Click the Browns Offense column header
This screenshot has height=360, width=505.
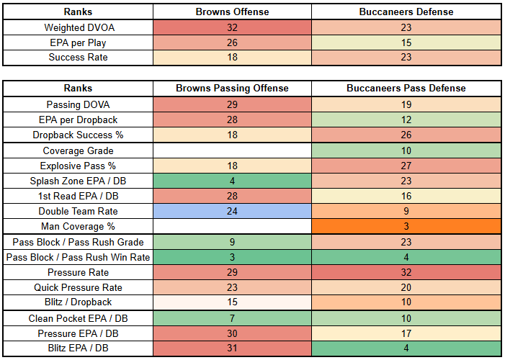tap(232, 12)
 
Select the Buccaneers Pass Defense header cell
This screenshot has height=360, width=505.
tap(406, 89)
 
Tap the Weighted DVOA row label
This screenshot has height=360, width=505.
tap(79, 27)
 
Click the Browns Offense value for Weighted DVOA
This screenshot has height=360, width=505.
tap(232, 27)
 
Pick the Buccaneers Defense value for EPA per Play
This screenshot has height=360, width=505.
tap(406, 42)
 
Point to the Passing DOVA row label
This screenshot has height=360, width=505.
tap(78, 104)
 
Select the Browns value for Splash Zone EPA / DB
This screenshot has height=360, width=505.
tap(232, 181)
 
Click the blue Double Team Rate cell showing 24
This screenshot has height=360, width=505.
tap(232, 211)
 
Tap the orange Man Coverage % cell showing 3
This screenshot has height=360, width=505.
tap(406, 226)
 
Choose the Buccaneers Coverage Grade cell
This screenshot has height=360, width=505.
tap(406, 150)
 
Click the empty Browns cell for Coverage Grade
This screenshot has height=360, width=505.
tap(232, 150)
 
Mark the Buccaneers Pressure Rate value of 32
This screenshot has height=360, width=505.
tap(406, 272)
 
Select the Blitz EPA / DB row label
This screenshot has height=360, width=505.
tap(78, 348)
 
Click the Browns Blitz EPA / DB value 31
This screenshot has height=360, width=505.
tap(232, 348)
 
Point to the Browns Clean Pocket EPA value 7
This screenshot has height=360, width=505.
tap(232, 318)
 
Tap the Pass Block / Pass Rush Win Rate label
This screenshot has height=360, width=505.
tap(78, 257)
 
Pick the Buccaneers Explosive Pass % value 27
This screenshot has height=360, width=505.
tap(406, 166)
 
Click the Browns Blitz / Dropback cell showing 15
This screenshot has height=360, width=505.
tap(232, 302)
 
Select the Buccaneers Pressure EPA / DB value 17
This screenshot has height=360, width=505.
tap(406, 333)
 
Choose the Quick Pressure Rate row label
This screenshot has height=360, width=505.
tap(78, 287)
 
